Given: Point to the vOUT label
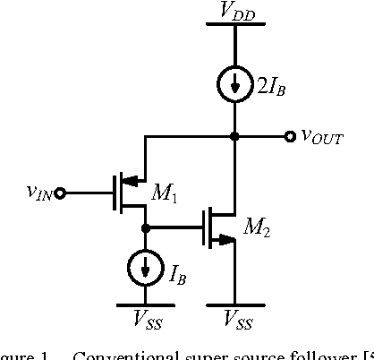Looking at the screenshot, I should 320,137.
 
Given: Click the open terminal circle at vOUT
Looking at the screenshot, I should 289,136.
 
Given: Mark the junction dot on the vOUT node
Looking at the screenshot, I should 234,136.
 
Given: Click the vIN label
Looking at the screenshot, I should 38,191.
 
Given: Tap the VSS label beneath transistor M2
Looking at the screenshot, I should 234,317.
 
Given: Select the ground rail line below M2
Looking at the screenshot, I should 234,304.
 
